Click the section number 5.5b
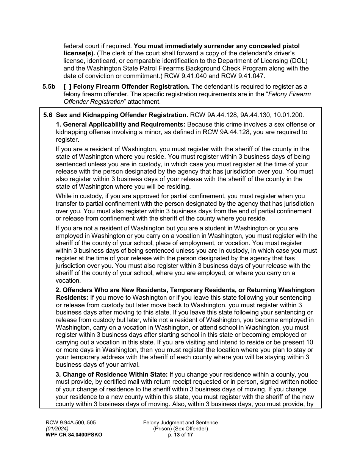tap(49, 87)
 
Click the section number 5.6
tap(48, 115)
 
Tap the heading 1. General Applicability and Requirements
tap(121, 125)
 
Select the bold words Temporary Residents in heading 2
tap(207, 290)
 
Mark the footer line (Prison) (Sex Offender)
tap(180, 429)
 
